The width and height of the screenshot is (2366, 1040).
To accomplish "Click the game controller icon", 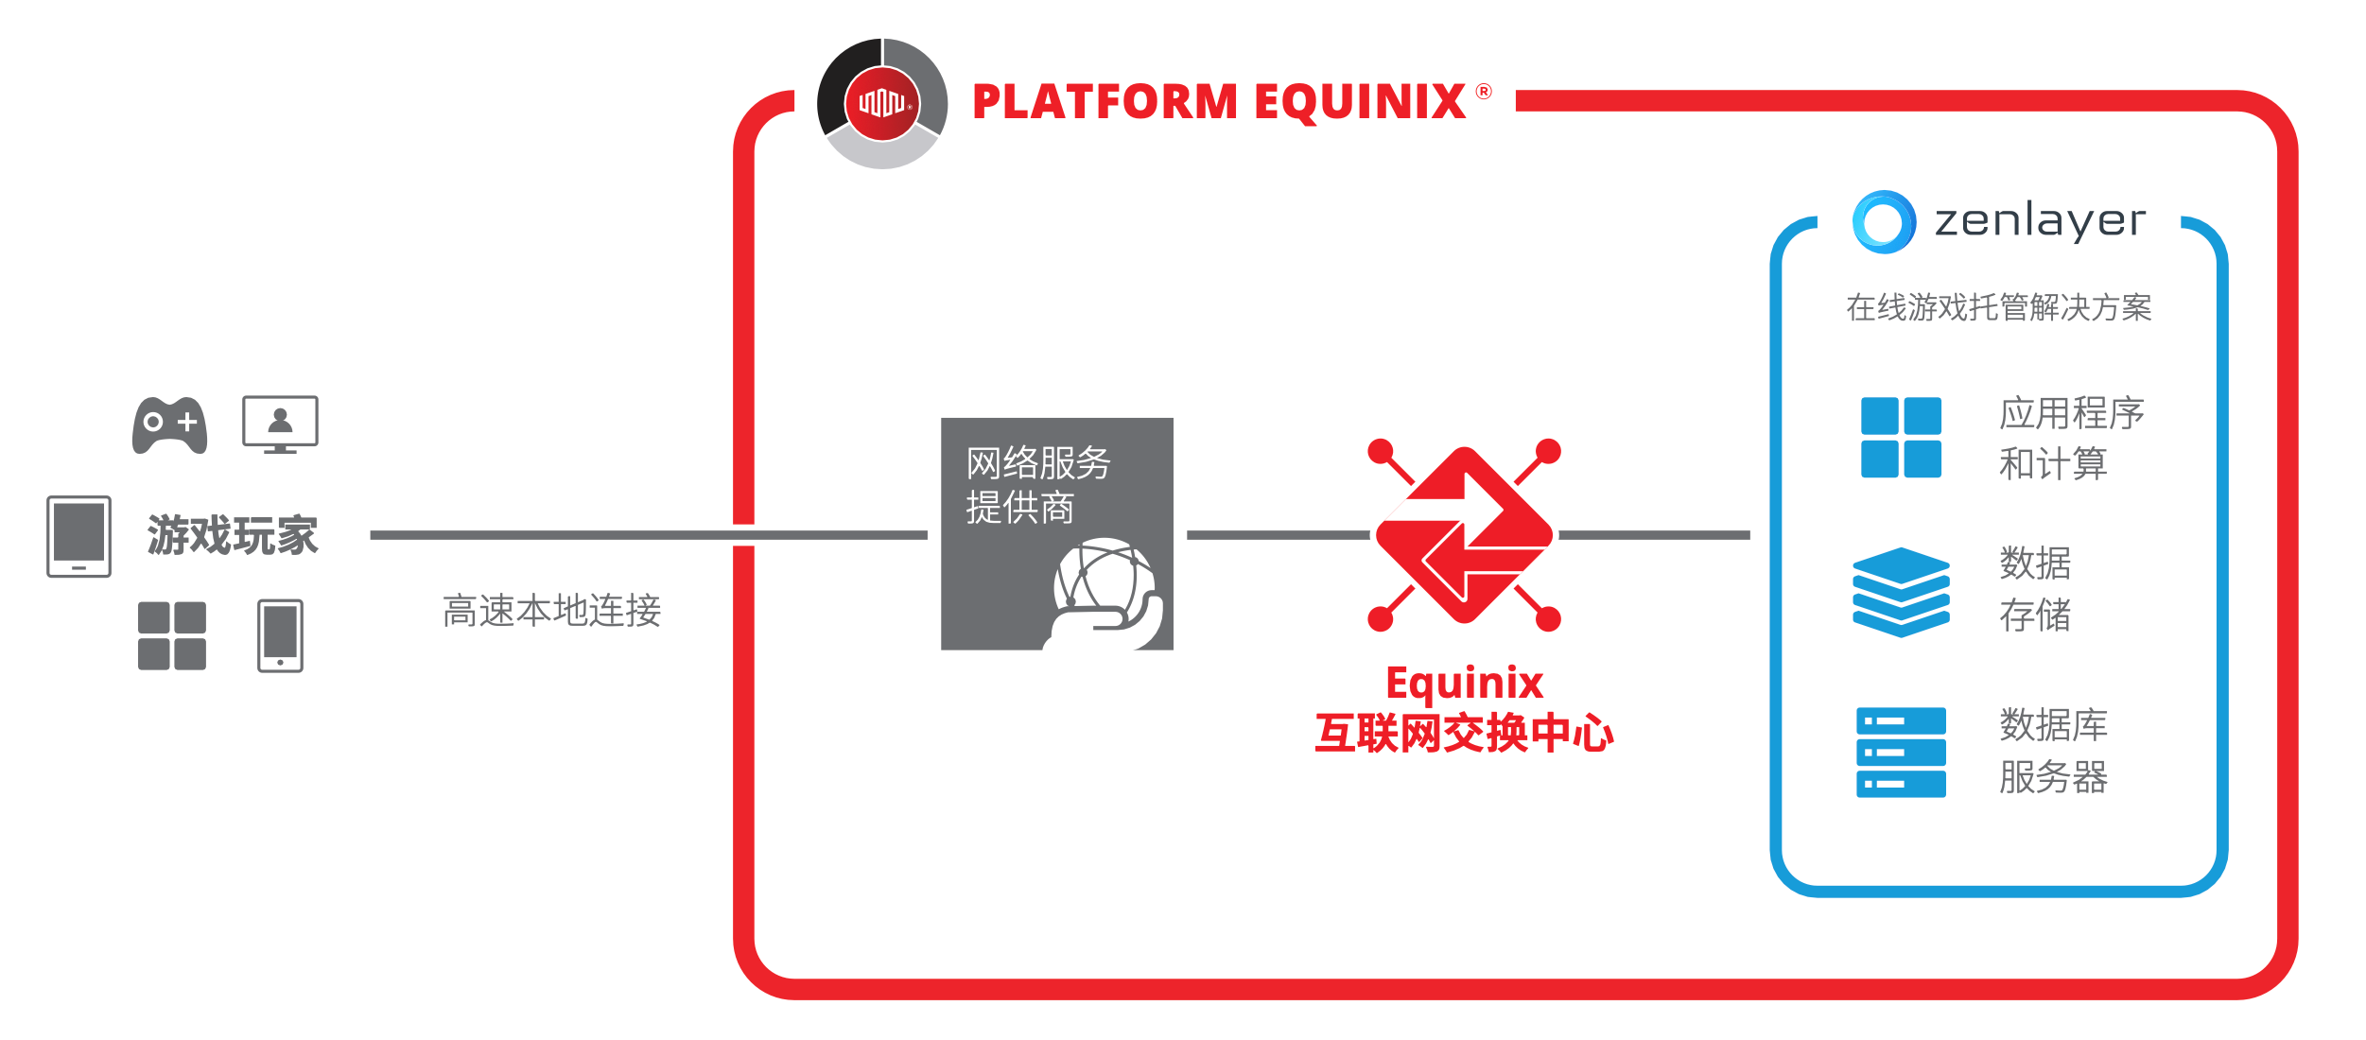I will [170, 425].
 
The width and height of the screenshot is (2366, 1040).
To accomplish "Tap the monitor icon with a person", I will [280, 424].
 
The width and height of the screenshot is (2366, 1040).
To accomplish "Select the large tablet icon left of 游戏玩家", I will [79, 536].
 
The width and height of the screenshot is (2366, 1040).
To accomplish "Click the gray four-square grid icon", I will [172, 635].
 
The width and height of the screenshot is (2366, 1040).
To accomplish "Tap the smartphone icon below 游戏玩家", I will [280, 635].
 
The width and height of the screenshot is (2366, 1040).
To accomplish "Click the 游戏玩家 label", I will [233, 535].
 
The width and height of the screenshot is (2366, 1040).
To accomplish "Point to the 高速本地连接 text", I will [551, 611].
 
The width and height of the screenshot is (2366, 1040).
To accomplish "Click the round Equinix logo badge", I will [882, 103].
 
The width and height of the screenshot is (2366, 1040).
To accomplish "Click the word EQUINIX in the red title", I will [1360, 102].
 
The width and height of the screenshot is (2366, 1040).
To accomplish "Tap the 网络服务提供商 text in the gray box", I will [1037, 485].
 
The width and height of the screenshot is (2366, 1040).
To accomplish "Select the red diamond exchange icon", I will [1464, 535].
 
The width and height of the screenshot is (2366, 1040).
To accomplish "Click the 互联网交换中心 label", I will [1464, 734].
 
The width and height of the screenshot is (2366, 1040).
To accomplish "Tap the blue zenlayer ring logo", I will [1884, 222].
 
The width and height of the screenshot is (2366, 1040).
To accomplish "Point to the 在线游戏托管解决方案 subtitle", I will [1998, 307].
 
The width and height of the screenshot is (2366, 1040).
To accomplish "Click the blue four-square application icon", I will [1901, 438].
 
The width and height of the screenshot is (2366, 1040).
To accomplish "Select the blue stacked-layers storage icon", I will [1901, 592].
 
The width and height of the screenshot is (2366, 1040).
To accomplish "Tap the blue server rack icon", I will [1901, 753].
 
